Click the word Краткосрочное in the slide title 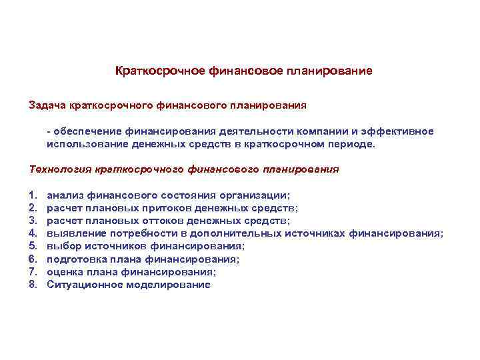150,70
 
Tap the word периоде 353,143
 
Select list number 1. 33,195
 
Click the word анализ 65,195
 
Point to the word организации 254,195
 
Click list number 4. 33,233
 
